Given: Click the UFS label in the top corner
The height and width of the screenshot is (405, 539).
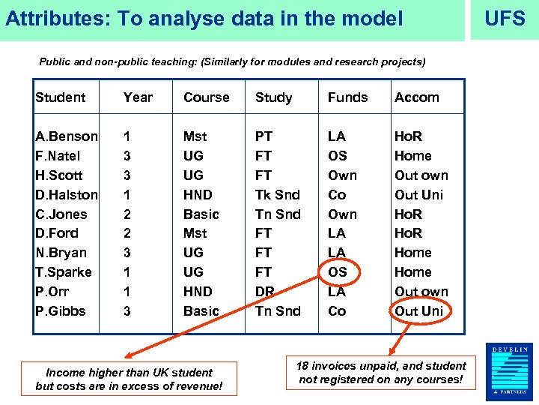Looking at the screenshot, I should (x=505, y=19).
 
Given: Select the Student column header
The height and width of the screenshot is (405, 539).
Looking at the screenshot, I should (x=61, y=97).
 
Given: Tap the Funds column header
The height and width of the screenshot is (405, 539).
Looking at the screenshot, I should (x=347, y=97).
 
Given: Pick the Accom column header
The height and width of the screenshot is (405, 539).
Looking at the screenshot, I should (x=417, y=97).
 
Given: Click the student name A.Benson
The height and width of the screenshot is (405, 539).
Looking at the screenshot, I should (x=67, y=136).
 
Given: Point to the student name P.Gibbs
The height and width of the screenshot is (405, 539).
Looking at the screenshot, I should (x=61, y=311).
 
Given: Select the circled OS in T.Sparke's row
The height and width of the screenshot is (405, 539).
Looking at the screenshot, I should (x=338, y=272).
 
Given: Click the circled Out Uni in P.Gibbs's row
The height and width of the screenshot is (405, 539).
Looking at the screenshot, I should (x=419, y=311).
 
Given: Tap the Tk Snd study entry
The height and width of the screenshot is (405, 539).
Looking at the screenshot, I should (x=278, y=195).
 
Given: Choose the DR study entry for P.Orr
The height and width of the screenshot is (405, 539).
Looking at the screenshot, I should (x=265, y=292).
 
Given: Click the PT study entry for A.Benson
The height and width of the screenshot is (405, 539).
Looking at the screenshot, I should (x=264, y=136).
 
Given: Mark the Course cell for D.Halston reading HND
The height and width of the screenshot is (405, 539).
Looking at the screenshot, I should (x=198, y=195).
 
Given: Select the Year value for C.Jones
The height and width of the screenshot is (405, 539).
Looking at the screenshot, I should (x=127, y=214).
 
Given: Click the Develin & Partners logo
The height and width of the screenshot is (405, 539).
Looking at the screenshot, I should (x=510, y=371).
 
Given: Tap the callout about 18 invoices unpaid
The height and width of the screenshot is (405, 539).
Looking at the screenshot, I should (x=381, y=373).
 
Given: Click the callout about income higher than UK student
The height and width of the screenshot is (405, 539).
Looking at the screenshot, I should (x=129, y=379).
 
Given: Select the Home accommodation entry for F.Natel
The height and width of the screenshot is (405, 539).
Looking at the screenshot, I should (x=413, y=156).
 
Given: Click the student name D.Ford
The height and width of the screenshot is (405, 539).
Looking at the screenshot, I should (x=57, y=233).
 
